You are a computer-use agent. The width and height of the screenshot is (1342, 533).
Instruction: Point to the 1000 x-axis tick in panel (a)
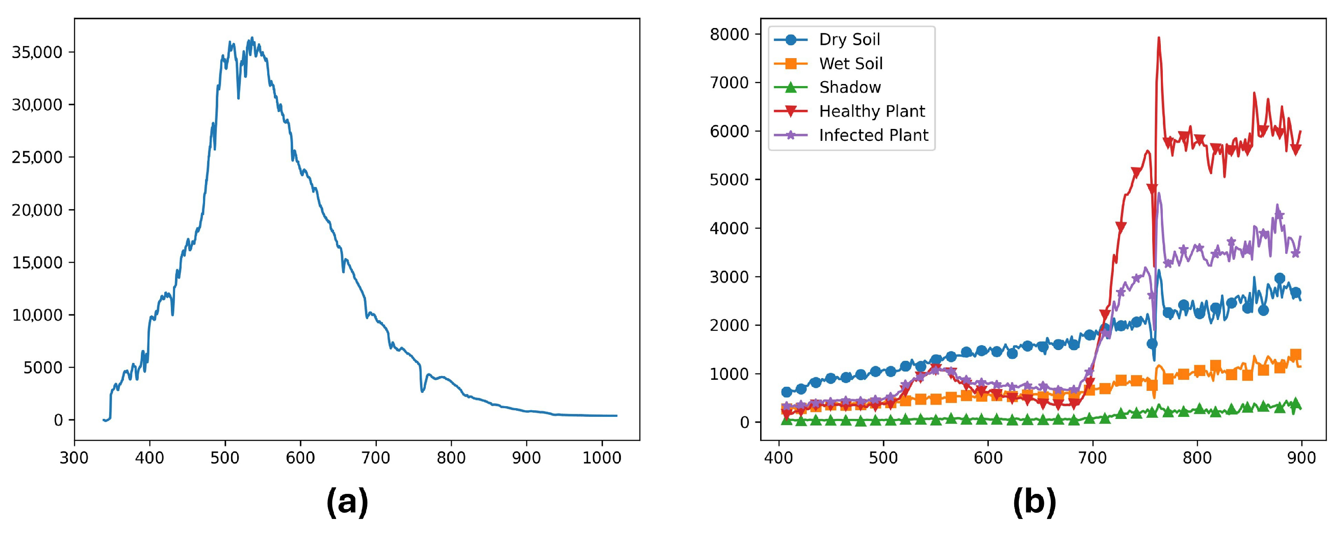click(x=602, y=458)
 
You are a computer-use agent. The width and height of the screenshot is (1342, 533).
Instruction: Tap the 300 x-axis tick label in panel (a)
click(x=75, y=458)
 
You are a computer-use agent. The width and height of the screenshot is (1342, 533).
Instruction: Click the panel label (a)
click(x=347, y=502)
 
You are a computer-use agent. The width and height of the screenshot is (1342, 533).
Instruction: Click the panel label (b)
click(x=1034, y=502)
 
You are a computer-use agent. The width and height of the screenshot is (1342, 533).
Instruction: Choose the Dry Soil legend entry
click(x=849, y=40)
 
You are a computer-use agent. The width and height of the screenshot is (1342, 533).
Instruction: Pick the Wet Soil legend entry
click(x=850, y=63)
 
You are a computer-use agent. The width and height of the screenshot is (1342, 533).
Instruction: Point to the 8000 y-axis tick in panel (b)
click(x=729, y=34)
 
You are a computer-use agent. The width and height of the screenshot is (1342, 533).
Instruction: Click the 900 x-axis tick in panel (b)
click(x=1301, y=458)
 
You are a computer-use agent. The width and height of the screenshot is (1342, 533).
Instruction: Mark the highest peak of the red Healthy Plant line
click(x=1159, y=37)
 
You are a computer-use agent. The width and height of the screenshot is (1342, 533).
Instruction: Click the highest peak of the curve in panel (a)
click(x=252, y=38)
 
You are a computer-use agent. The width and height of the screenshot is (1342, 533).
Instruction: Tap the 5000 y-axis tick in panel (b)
click(x=729, y=180)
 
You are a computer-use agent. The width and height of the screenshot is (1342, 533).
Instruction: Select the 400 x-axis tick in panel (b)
click(x=779, y=458)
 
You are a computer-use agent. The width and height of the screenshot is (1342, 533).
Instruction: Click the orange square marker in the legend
click(x=791, y=63)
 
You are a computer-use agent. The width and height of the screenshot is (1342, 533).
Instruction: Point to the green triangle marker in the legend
click(x=791, y=87)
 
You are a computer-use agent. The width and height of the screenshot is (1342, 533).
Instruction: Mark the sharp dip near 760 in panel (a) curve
click(x=422, y=391)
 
